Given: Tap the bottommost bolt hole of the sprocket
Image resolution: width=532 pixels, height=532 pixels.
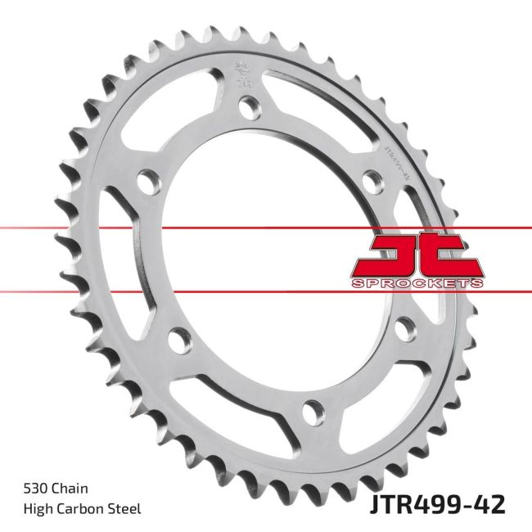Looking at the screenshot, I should pos(311,409).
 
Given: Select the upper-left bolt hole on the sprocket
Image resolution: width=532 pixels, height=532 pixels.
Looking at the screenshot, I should pos(147,181).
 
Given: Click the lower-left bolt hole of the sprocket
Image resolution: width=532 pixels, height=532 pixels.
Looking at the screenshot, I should pos(176,337).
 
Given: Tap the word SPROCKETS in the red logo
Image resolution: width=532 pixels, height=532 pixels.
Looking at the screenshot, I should pos(417,283).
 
